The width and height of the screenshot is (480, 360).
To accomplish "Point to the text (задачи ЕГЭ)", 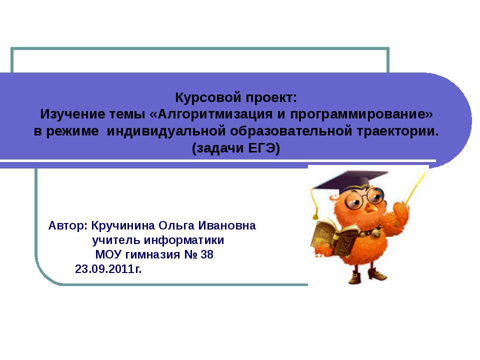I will [x=236, y=148].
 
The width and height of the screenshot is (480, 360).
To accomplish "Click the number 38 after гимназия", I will [x=206, y=255].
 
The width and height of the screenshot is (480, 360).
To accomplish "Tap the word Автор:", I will [x=68, y=225].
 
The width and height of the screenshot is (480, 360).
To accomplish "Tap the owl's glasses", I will [x=359, y=199].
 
